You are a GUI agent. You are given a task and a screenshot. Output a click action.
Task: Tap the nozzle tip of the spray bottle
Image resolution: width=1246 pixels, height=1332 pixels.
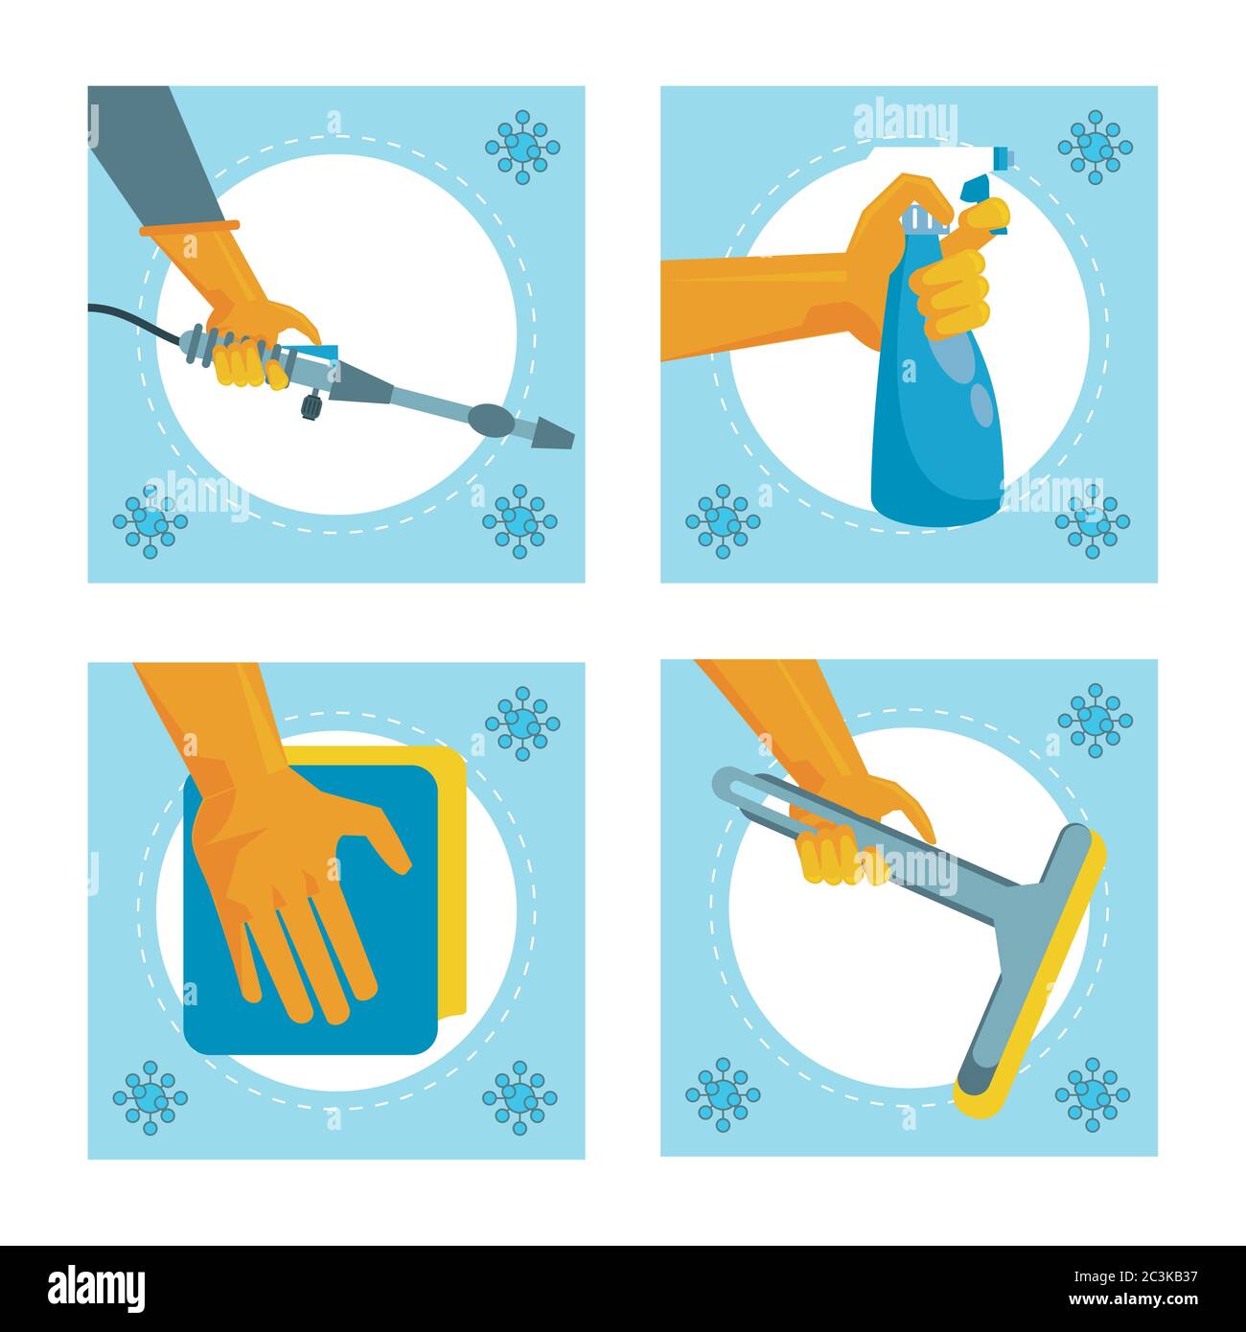[x=1001, y=155]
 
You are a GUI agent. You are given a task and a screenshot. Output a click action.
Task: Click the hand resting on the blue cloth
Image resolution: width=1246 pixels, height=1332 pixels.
[x=288, y=882]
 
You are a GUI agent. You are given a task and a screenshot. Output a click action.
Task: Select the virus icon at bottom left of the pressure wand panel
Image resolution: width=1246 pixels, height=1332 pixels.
[x=150, y=521]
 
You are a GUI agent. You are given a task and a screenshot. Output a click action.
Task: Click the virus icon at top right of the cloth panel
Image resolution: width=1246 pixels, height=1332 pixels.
[x=521, y=723]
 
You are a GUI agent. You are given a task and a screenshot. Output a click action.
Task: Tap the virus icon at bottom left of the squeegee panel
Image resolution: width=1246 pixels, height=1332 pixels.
[x=722, y=1094]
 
